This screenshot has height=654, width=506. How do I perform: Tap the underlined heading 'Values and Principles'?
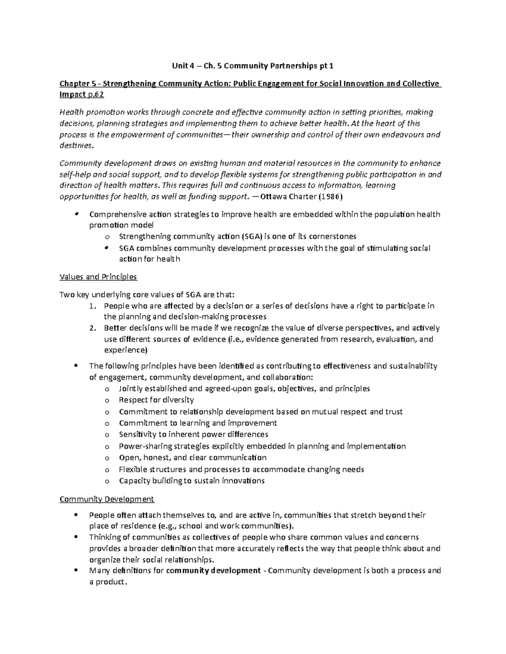[98, 277]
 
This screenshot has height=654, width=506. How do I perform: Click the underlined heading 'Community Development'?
[107, 499]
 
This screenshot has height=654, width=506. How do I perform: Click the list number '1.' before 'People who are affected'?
[94, 306]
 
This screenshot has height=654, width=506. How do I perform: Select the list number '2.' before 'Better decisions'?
[94, 328]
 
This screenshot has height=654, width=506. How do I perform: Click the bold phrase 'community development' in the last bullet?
[213, 571]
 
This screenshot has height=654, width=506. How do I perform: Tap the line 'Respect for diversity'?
[156, 400]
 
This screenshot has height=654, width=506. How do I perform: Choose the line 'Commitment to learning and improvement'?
[198, 423]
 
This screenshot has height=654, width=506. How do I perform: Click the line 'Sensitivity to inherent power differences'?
[194, 435]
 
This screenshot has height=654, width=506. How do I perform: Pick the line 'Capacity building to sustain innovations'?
[192, 481]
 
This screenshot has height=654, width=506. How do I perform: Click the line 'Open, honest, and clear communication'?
[193, 458]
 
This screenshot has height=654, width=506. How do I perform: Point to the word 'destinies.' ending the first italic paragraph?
[75, 146]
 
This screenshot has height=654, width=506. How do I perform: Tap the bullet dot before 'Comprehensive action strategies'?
[76, 214]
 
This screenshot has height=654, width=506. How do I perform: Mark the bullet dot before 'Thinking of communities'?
[76, 537]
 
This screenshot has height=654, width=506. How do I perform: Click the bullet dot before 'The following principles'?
[76, 366]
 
